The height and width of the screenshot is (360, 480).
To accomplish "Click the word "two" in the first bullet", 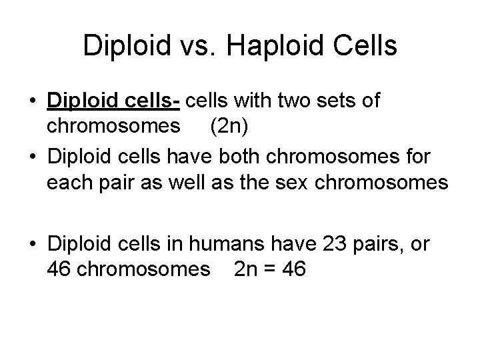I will (293, 102).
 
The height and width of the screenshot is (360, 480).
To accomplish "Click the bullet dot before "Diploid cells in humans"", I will (33, 245).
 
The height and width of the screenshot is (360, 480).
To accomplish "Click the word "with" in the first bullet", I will (253, 102).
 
